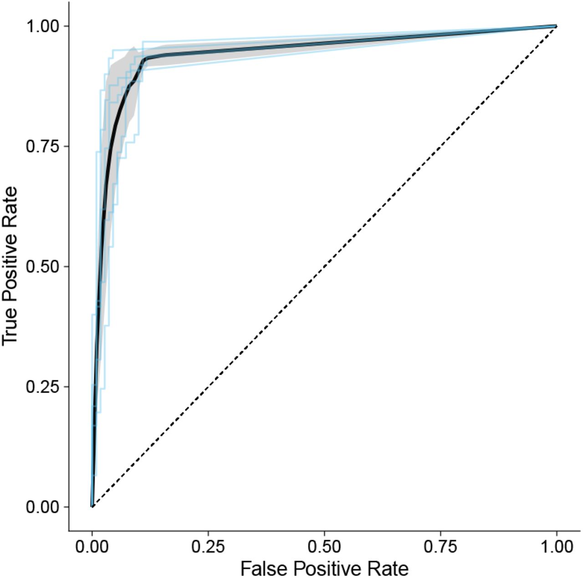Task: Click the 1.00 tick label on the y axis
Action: (x=42, y=26)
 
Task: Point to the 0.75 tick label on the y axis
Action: (x=42, y=146)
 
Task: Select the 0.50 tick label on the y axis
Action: (x=42, y=266)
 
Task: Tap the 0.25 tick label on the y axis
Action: (x=42, y=387)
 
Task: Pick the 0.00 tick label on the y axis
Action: (x=42, y=507)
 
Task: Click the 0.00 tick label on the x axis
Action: (x=92, y=546)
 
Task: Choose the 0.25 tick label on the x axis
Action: (x=208, y=546)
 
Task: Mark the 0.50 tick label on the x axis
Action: (x=324, y=546)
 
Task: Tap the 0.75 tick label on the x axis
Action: (x=440, y=546)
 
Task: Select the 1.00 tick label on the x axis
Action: (x=557, y=546)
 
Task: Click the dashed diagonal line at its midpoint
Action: (x=324, y=266)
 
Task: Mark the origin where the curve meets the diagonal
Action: (x=92, y=506)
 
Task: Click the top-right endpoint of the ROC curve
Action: (x=556, y=26)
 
